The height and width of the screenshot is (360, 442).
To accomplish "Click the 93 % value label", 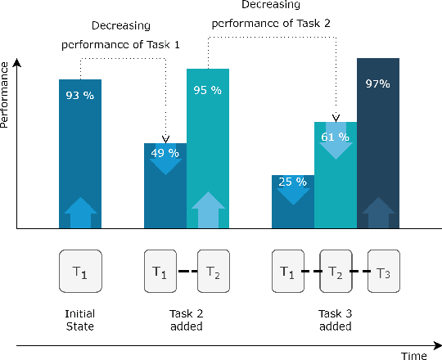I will (x=79, y=96).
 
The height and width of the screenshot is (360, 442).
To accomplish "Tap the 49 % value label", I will (x=165, y=151).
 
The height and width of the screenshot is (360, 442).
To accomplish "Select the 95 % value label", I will (x=208, y=90).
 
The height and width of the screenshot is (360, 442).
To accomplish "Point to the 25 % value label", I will (x=292, y=182).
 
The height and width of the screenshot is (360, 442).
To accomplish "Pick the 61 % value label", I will (x=336, y=137).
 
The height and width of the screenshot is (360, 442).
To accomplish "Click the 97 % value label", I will (x=377, y=84).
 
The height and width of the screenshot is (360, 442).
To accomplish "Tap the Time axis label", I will (x=414, y=356).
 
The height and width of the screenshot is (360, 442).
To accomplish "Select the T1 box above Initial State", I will (x=80, y=272).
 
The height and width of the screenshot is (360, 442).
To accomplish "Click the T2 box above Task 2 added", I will (x=212, y=272).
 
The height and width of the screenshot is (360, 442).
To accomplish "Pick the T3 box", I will (x=383, y=272).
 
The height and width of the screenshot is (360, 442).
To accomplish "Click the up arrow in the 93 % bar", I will (x=80, y=212).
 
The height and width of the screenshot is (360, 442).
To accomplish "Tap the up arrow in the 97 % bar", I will (x=377, y=212).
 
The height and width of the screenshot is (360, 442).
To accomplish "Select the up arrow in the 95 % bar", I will (x=208, y=209).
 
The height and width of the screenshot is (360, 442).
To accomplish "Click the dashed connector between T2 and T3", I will (x=359, y=272).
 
